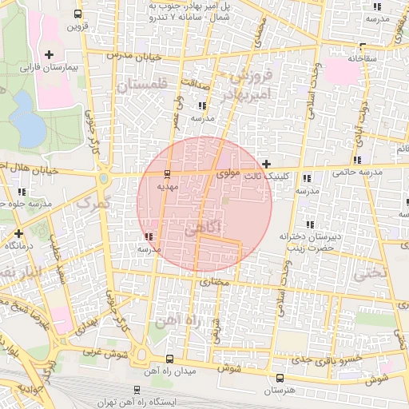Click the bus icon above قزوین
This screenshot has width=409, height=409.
click(77, 14)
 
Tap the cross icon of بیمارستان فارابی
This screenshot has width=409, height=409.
click(50, 54)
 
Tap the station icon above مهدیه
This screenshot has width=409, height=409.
click(166, 173)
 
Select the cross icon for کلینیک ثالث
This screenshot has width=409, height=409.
click(266, 163)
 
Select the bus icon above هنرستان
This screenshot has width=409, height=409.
click(278, 377)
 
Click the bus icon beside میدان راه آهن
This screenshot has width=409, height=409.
click(169, 359)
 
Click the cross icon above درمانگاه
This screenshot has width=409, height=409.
click(19, 233)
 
